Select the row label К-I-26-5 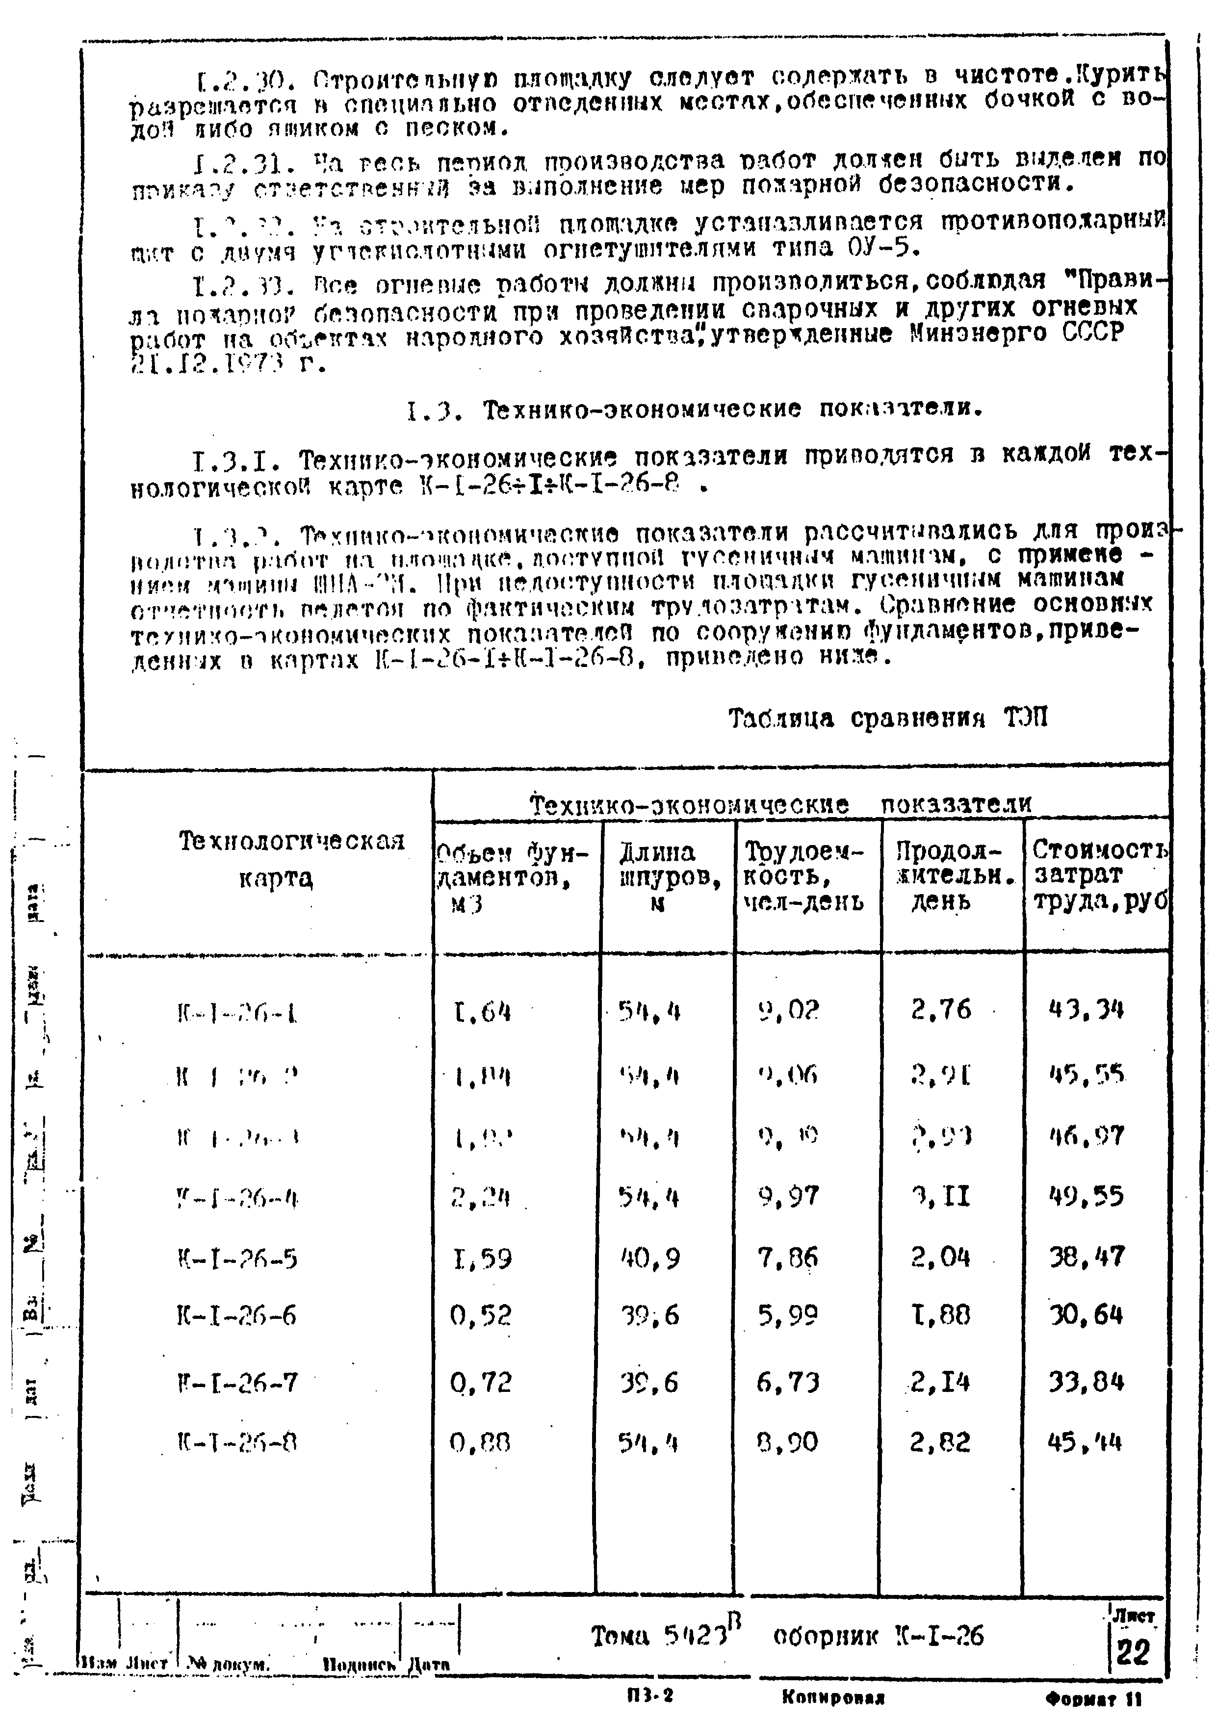pos(237,1258)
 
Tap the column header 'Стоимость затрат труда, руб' pos(1099,874)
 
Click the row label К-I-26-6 pos(237,1316)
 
